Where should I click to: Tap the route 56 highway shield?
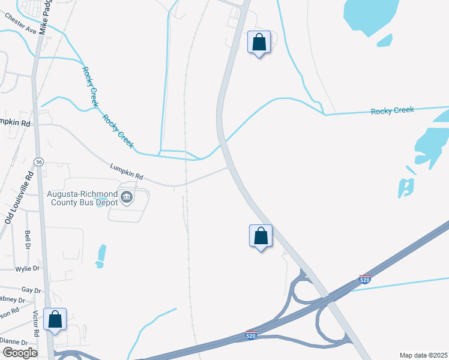pyautogui.click(x=38, y=162)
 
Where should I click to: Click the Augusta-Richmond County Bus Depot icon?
pyautogui.click(x=126, y=197)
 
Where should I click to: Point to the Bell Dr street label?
pyautogui.click(x=28, y=239)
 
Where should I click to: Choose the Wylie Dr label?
pyautogui.click(x=28, y=268)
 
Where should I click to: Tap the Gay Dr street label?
pyautogui.click(x=31, y=290)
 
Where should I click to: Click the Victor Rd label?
pyautogui.click(x=36, y=323)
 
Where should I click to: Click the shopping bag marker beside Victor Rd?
pyautogui.click(x=55, y=320)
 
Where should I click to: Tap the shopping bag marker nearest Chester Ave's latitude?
pyautogui.click(x=259, y=43)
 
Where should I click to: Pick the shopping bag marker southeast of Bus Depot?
pyautogui.click(x=261, y=236)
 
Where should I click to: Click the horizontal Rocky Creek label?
pyautogui.click(x=392, y=111)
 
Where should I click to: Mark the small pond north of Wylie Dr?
pyautogui.click(x=101, y=254)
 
